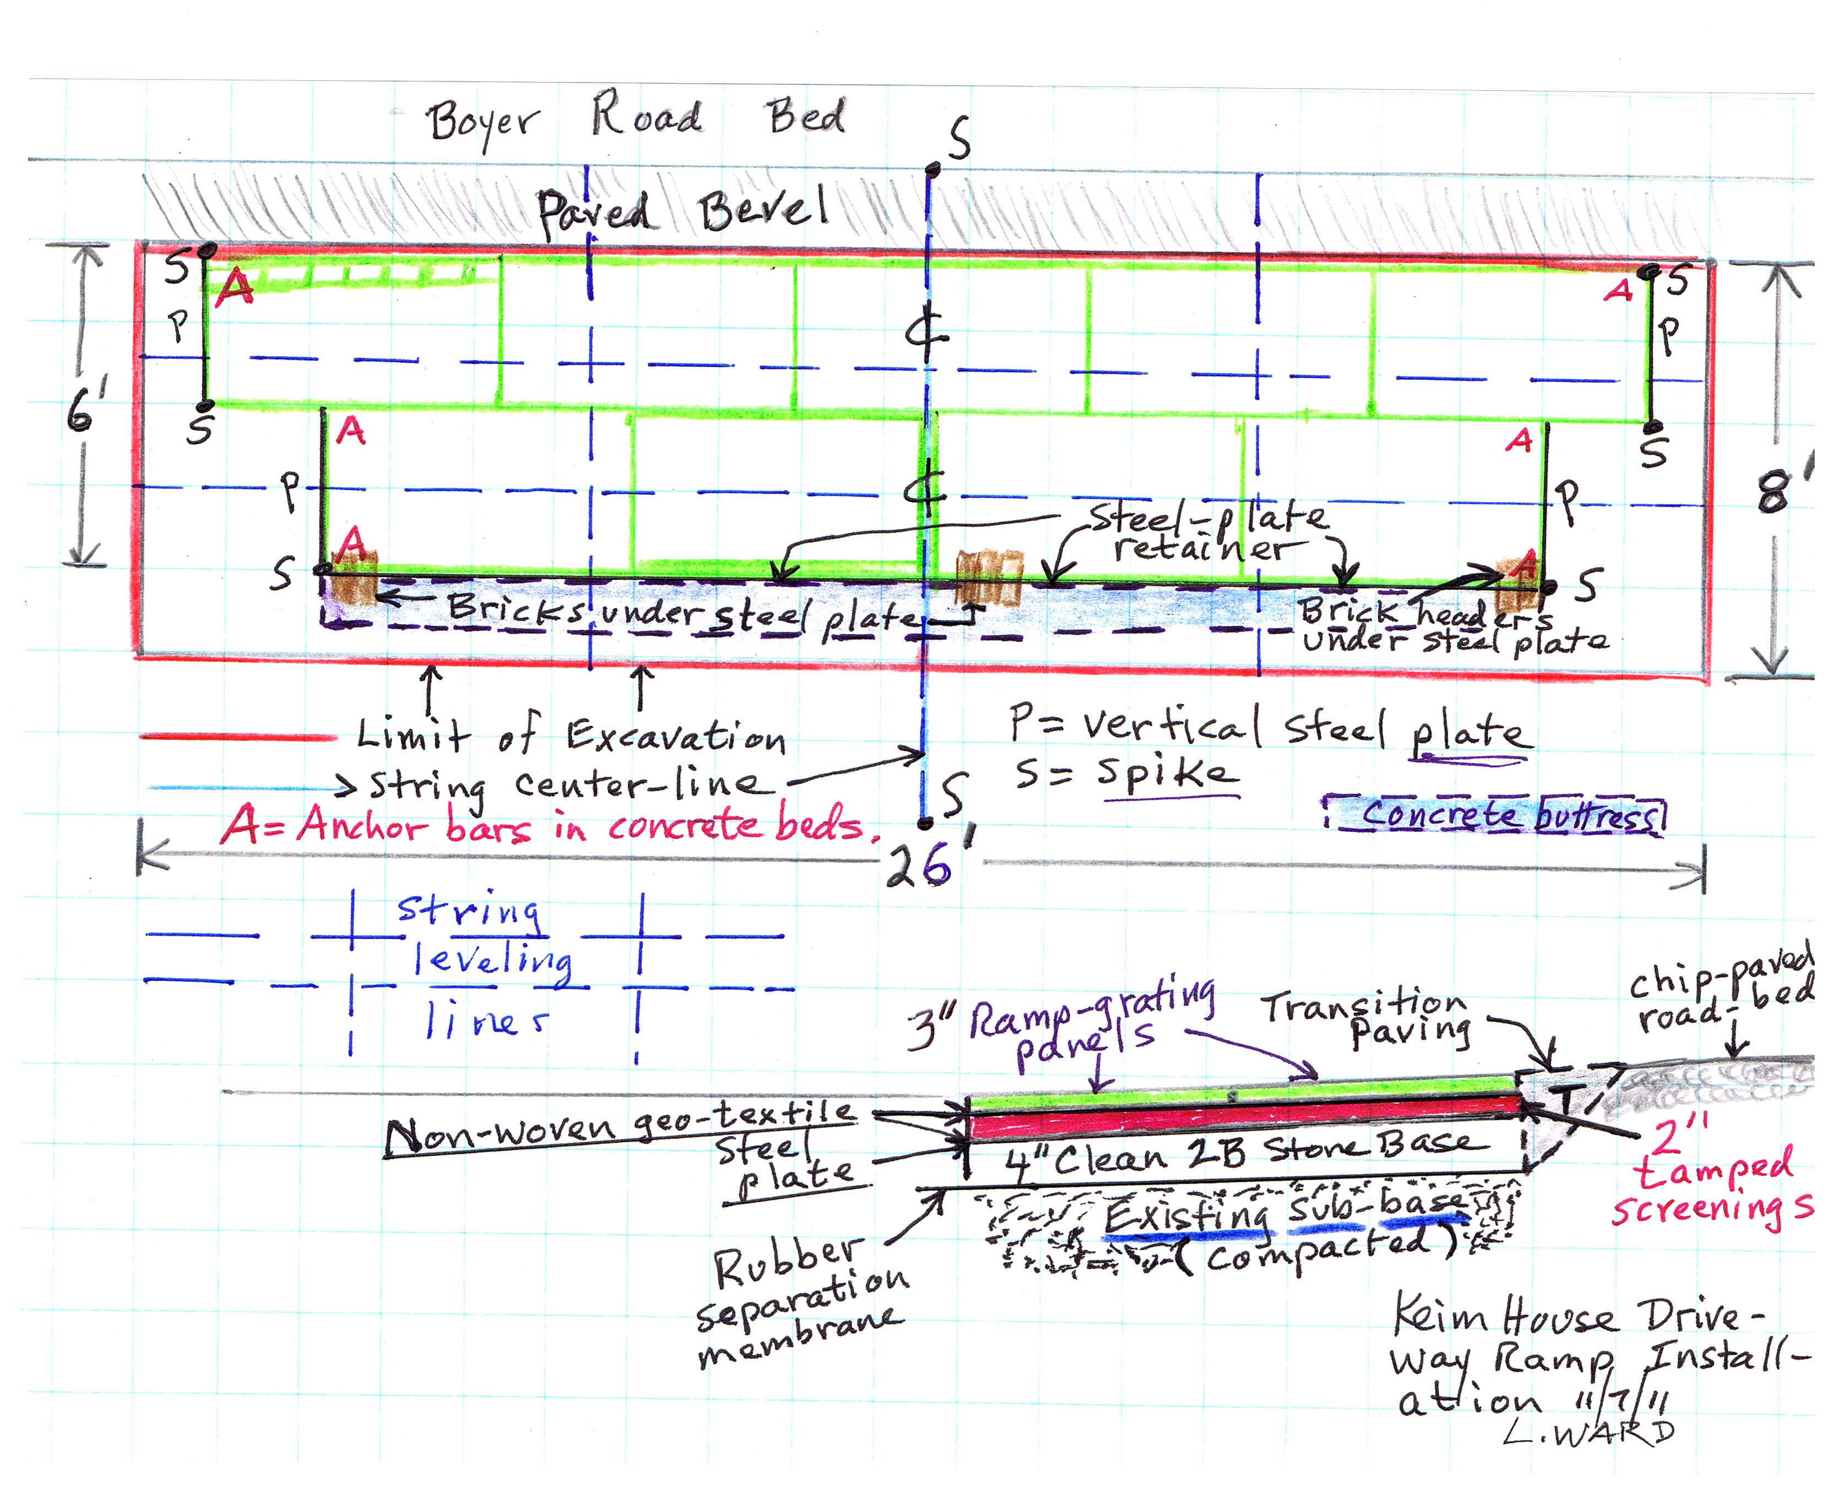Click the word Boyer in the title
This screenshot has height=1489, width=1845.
pos(483,125)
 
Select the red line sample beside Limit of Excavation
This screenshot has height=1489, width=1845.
pos(238,737)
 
